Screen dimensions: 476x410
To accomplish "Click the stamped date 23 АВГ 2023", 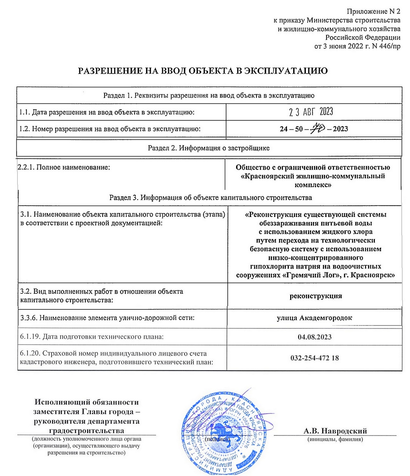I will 311,112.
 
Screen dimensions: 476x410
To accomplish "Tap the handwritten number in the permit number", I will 318,128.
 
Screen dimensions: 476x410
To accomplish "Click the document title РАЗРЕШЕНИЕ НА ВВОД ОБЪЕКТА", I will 203,71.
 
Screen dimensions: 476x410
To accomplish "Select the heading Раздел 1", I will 209,95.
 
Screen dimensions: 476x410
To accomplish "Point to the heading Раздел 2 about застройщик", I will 209,148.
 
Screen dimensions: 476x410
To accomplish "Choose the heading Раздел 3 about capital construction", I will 210,197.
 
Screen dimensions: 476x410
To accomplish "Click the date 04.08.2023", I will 315,337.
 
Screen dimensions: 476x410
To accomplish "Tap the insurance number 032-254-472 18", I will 315,358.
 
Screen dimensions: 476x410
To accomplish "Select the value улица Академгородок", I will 314,318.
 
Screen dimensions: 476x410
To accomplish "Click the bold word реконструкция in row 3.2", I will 316,296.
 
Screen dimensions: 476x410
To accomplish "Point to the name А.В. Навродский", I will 335,431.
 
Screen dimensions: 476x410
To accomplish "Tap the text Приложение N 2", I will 373,12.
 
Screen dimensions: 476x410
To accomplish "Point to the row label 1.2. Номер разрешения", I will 110,129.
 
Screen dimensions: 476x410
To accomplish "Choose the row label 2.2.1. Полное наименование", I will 64,168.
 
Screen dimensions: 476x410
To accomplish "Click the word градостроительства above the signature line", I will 86,431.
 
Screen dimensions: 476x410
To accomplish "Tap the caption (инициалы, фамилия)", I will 335,439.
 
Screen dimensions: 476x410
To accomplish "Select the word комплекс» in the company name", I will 313,185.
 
